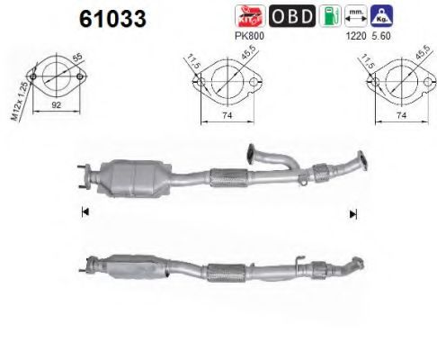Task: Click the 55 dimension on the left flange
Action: [77, 58]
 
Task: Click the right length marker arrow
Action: [352, 213]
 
